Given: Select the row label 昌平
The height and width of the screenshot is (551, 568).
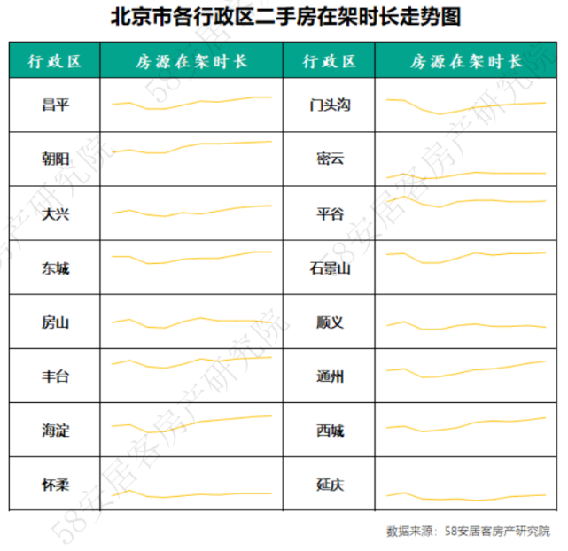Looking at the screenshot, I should tap(55, 106).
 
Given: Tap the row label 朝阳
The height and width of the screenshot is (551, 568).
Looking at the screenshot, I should tap(55, 160).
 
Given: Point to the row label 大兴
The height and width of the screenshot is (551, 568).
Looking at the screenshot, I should tap(55, 214).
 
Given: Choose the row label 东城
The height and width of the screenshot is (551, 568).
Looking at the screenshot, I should tap(55, 268).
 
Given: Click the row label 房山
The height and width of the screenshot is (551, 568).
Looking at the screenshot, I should tap(55, 322).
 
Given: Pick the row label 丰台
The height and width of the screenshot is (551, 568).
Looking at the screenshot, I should tap(55, 376).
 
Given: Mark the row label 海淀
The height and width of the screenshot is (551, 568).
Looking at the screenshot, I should tap(55, 431).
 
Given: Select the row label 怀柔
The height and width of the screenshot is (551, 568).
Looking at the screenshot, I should tap(55, 485).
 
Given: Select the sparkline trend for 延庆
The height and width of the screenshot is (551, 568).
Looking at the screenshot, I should tap(466, 494).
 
